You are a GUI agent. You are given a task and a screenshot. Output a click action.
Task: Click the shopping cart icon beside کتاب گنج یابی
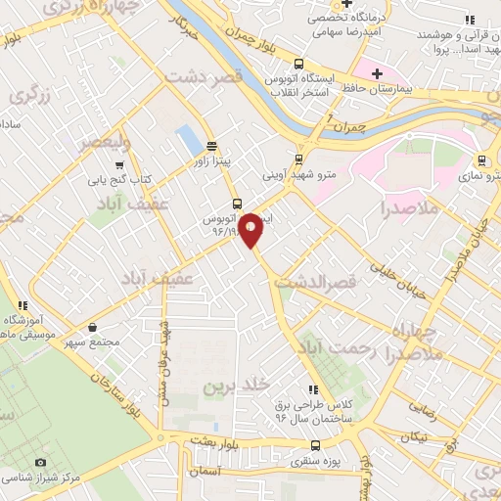[x=119, y=164]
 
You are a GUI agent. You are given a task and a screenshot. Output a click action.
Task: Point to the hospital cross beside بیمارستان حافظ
[x=376, y=73]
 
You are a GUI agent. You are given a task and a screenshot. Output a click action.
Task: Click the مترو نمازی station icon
[x=480, y=160]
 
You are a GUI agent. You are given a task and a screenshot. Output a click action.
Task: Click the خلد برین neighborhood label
[x=235, y=387]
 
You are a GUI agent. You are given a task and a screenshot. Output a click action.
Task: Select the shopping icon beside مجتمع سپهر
[x=92, y=327]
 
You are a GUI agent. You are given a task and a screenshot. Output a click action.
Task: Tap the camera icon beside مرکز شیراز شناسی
[x=40, y=462]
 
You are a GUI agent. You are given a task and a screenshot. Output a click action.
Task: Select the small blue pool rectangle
[x=187, y=140]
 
